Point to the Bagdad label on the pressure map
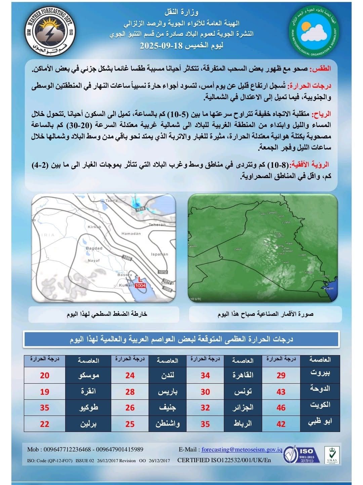[94, 248]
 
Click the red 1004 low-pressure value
[140, 285]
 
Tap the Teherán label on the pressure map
[157, 225]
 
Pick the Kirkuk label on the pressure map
[94, 227]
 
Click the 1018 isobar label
[140, 209]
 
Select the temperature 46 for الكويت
[281, 408]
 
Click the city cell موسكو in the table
[88, 376]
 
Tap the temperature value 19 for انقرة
[45, 392]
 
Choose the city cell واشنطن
[167, 424]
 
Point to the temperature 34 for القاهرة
[205, 376]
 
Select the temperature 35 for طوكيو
[45, 408]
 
